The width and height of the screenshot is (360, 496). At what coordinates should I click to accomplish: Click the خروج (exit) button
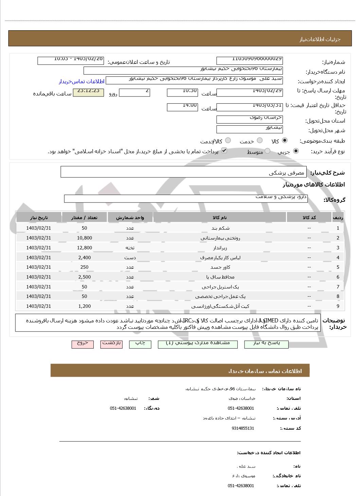click(x=83, y=344)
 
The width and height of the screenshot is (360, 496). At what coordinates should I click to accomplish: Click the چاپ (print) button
click(x=140, y=344)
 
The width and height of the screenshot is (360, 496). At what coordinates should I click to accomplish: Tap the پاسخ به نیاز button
click(x=266, y=344)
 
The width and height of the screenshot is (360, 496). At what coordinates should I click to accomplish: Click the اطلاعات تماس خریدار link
click(x=82, y=82)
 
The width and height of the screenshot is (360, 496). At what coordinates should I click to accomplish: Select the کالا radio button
click(x=285, y=140)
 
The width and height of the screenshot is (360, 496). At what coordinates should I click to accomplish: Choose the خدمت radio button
click(x=260, y=140)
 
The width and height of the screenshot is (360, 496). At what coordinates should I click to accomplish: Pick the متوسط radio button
click(x=268, y=151)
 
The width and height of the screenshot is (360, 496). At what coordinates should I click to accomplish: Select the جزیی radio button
click(x=296, y=151)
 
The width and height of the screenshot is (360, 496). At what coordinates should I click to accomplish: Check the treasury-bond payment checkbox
click(x=224, y=150)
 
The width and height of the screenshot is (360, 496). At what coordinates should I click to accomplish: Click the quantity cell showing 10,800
click(x=85, y=238)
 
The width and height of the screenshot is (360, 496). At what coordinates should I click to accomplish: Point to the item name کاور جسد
click(x=220, y=267)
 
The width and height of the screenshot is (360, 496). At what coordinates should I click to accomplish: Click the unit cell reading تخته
click(x=130, y=248)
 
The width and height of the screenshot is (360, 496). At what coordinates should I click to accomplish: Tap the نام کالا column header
click(x=220, y=217)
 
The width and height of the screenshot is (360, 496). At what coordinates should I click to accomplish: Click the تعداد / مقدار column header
click(x=85, y=217)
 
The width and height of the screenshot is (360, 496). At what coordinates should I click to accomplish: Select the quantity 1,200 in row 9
click(x=85, y=306)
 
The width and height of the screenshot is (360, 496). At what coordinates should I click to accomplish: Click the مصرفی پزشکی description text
click(x=287, y=173)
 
